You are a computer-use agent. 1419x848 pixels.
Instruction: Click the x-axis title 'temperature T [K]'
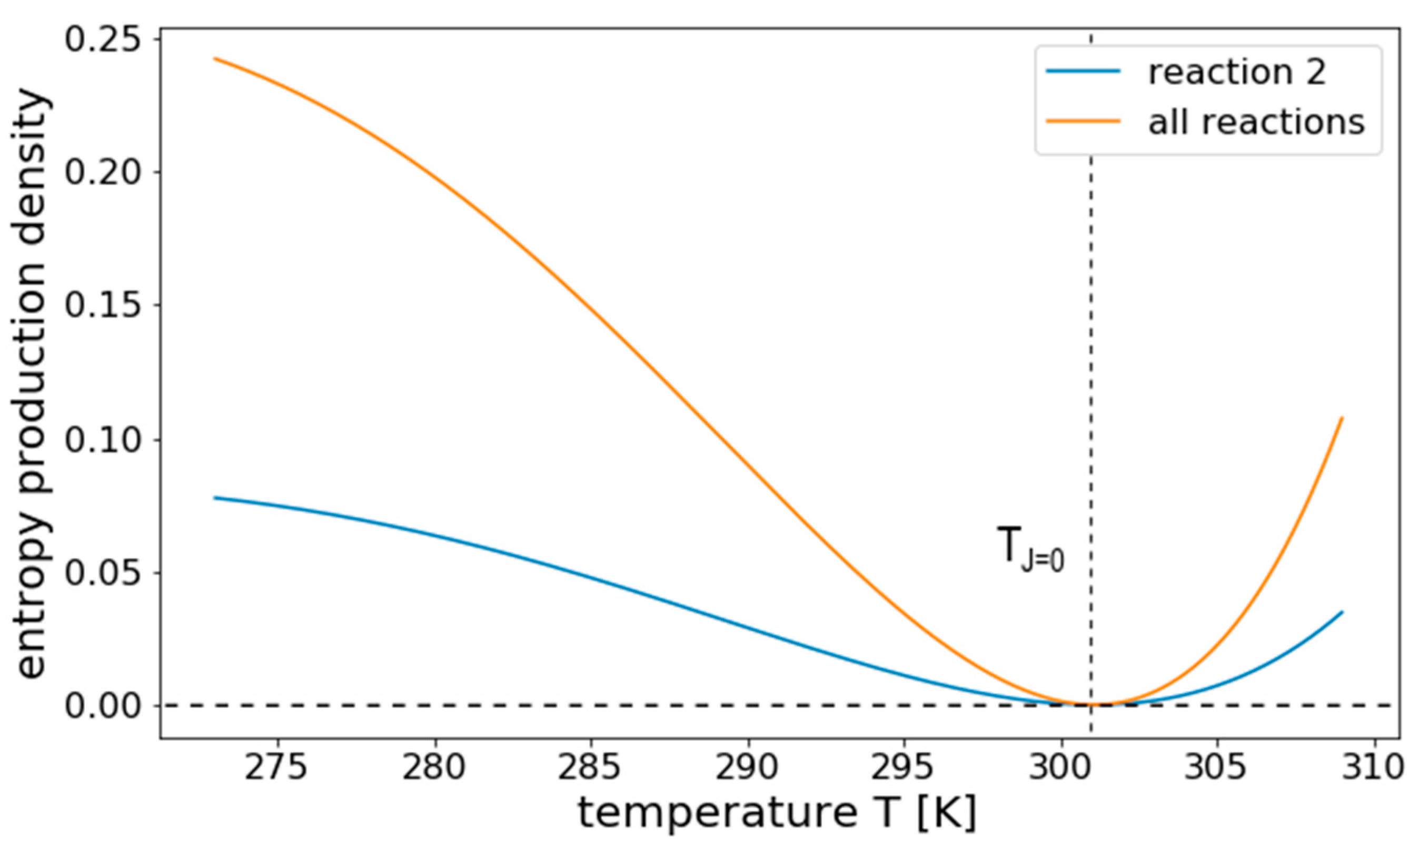pos(777,814)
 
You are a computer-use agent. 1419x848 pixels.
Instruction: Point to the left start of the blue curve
pos(215,497)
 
